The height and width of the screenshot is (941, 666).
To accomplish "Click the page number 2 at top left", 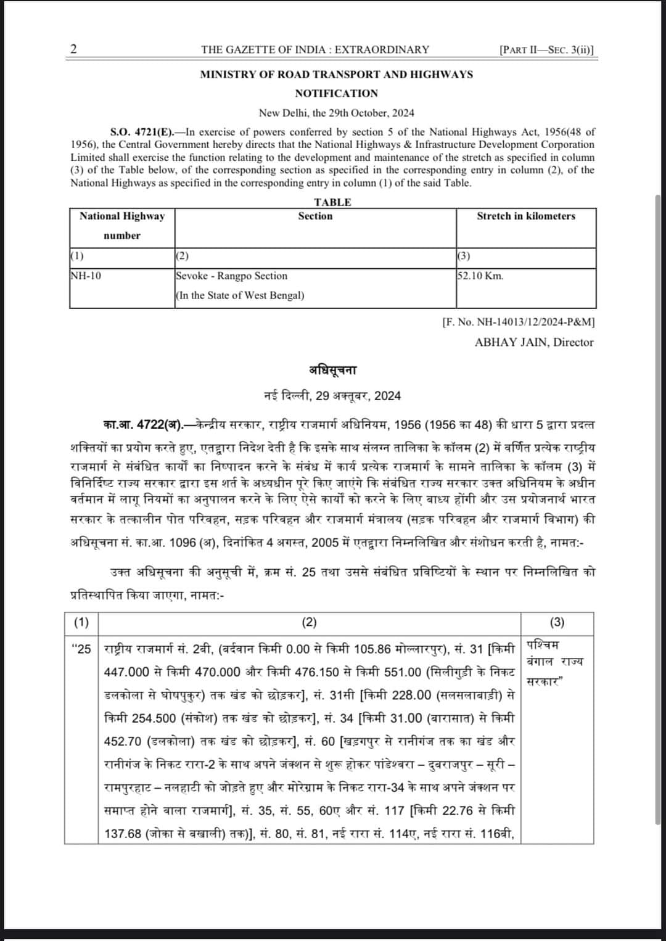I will [74, 49].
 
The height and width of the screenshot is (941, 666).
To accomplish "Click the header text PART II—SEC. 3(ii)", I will [547, 50].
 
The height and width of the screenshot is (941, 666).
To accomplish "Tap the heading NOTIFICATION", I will [336, 93].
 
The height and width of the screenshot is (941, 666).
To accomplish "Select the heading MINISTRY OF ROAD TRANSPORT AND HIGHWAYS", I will [336, 74].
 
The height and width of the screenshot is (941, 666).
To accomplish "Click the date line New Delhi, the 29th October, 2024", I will [336, 113].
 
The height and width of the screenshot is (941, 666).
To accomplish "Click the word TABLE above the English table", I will [332, 202].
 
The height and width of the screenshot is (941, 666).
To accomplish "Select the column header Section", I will [315, 216].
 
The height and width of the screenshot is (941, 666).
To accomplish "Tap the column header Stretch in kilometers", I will [525, 216].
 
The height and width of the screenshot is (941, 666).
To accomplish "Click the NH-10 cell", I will [86, 276].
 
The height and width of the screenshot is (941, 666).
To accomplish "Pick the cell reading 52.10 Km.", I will [480, 276].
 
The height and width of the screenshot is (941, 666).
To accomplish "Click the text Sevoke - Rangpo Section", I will [232, 276].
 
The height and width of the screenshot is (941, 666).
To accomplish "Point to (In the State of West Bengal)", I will [240, 295].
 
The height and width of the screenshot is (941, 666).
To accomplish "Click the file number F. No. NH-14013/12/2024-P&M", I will [519, 322].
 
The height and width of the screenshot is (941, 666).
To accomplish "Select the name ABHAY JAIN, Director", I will [533, 342].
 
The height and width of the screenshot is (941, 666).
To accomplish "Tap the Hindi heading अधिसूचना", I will [332, 370].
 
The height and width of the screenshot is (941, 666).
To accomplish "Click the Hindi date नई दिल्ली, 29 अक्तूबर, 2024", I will [332, 396].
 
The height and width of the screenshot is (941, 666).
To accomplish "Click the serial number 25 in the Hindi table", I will [81, 649].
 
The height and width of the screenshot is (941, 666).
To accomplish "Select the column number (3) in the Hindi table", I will [556, 622].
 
